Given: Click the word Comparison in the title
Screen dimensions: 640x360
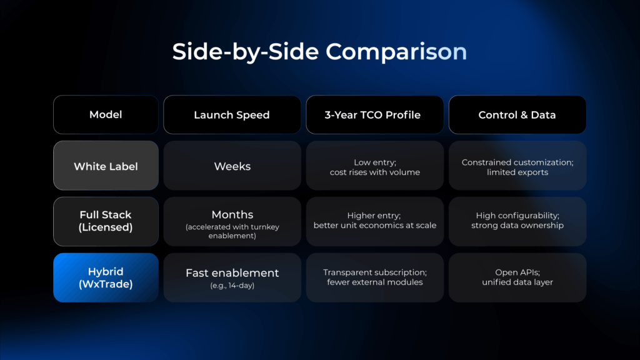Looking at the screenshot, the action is pos(396,52).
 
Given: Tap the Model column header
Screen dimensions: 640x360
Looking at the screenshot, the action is pos(106,115).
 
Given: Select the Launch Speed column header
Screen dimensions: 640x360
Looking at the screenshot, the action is pos(232,115).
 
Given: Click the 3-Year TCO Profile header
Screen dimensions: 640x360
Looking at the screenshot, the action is pos(375,115).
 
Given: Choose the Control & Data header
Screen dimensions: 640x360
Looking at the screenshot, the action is pos(517,115).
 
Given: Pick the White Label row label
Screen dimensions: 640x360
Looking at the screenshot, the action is pos(106,165).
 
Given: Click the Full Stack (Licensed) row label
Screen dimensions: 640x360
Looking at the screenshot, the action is pos(106,221).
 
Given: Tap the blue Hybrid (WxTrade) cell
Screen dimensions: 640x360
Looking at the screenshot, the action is pos(106,277).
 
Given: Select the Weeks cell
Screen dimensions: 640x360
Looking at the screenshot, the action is pos(232,165).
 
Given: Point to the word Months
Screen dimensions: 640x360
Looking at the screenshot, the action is pos(232,214).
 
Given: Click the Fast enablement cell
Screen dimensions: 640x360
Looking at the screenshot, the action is pos(232,277).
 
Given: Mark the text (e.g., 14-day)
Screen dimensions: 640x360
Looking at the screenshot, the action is pos(232,286).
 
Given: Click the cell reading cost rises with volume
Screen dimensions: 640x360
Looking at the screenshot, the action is pos(375,165).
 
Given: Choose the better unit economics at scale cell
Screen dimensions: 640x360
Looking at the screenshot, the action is pos(375,221).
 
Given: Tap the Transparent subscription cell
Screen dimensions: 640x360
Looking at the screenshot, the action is pos(375,277).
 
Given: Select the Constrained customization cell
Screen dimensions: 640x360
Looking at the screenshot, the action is pos(517,165).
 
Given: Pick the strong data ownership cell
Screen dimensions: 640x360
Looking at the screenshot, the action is pos(517,221).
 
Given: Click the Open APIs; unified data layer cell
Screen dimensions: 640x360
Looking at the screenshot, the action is pos(517,277).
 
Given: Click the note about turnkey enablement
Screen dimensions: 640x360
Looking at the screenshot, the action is pos(232,231).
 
